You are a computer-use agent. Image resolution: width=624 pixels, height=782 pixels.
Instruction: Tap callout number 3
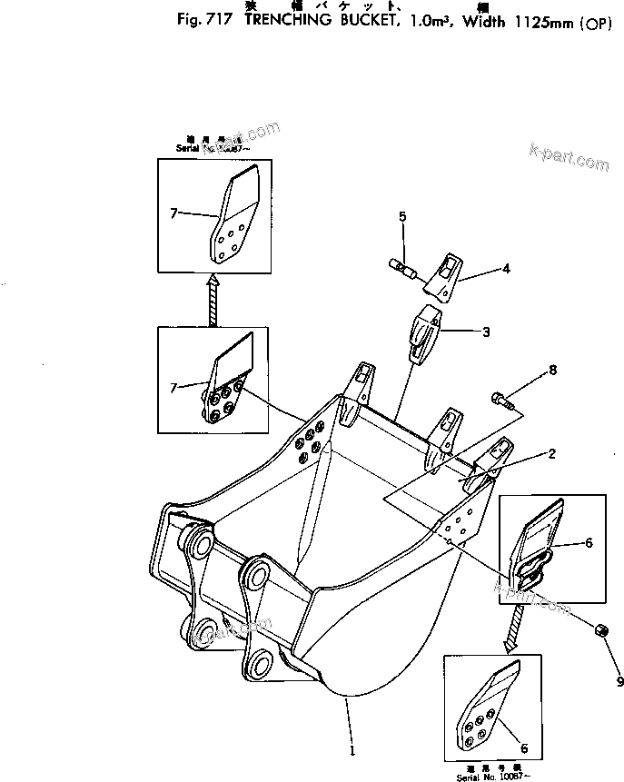[486, 332]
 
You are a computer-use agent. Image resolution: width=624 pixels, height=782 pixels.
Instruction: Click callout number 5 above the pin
[402, 216]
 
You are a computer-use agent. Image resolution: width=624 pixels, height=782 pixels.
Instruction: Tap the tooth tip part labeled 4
[443, 274]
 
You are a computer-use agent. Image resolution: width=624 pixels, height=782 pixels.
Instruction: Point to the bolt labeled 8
[502, 398]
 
